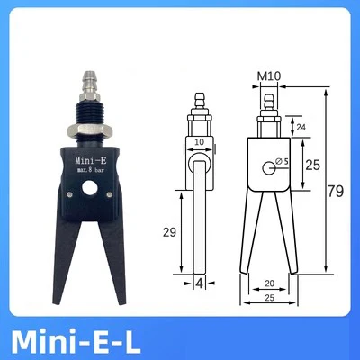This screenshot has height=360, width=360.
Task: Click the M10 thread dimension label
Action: [x=269, y=76]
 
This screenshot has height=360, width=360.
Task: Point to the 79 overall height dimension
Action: [x=335, y=191]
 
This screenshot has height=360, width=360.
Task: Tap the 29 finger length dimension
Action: [x=169, y=232]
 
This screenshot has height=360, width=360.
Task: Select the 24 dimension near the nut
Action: [x=301, y=127]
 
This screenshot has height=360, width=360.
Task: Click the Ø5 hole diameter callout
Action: [x=282, y=161]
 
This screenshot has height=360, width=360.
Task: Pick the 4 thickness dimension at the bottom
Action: [x=199, y=283]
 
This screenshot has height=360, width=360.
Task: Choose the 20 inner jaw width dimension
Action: [x=270, y=283]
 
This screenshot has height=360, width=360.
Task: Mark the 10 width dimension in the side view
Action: [x=199, y=142]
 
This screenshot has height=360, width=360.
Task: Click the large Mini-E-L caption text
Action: [x=76, y=342]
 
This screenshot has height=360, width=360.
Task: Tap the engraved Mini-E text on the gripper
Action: [x=91, y=160]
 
